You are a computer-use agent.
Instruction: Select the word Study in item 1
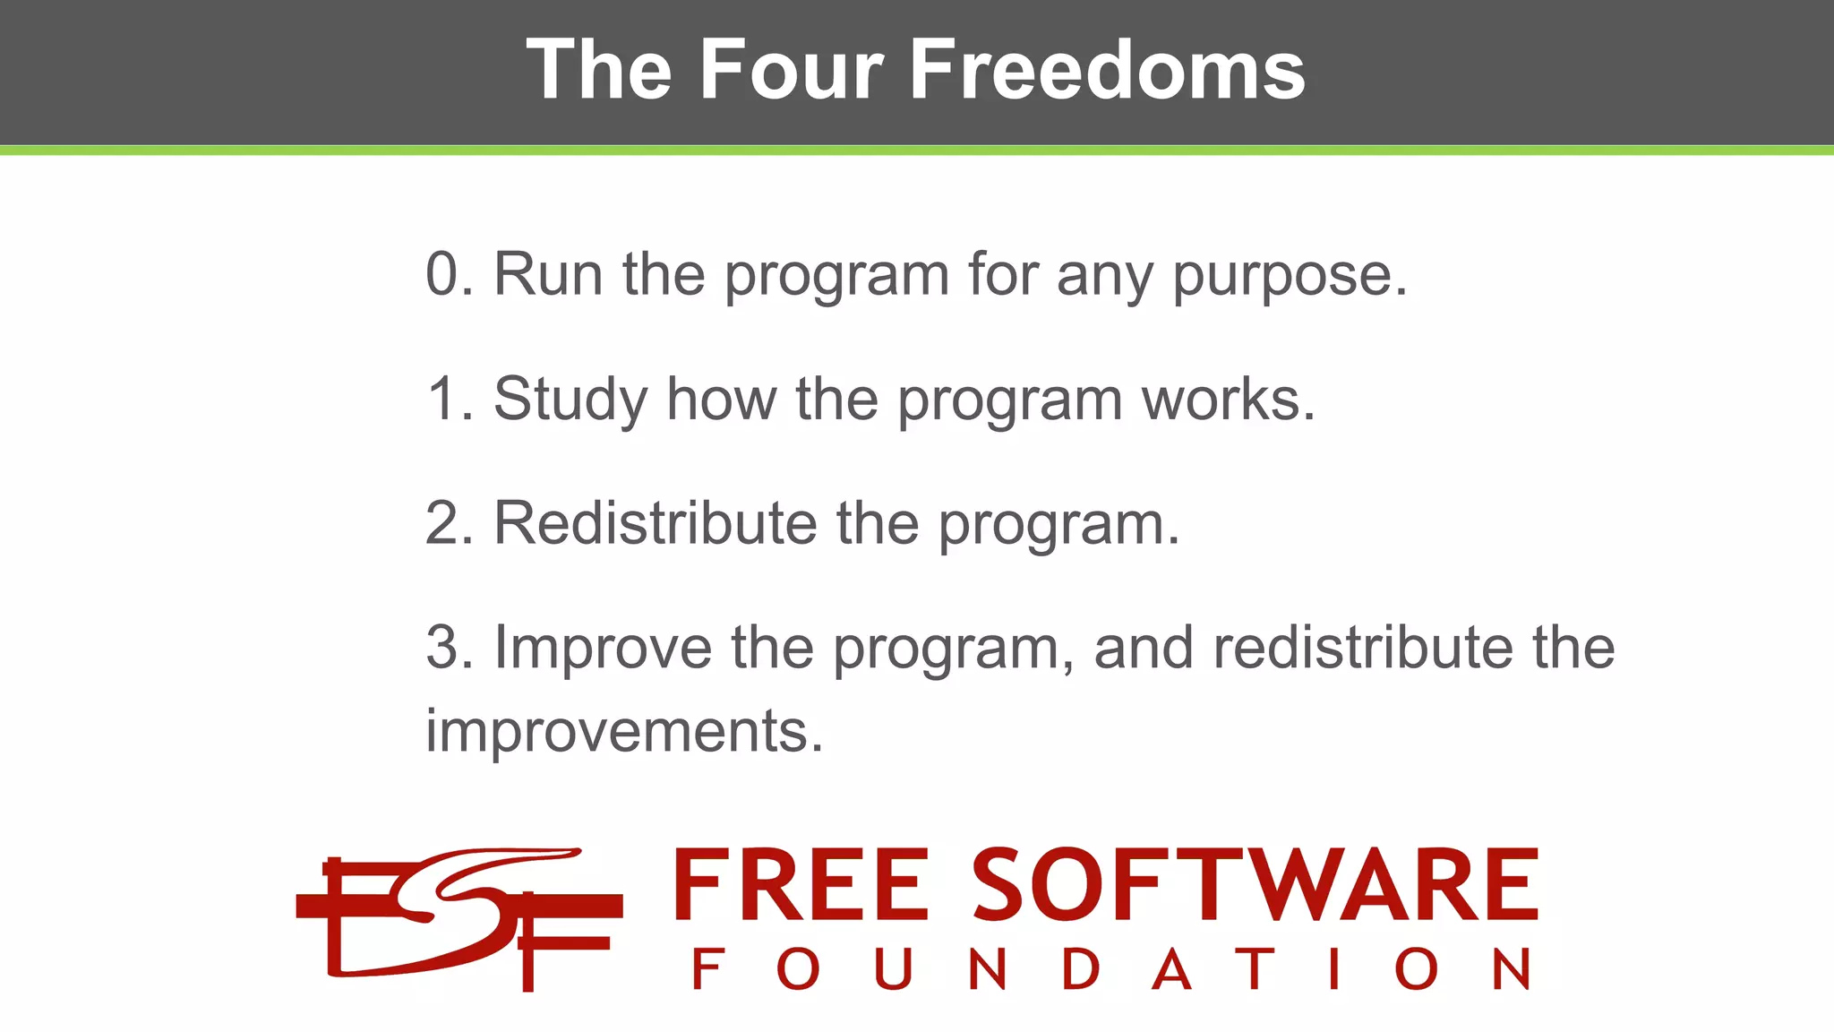point(570,400)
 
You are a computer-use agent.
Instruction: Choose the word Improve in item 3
point(603,649)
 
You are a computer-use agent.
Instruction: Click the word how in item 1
point(721,399)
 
